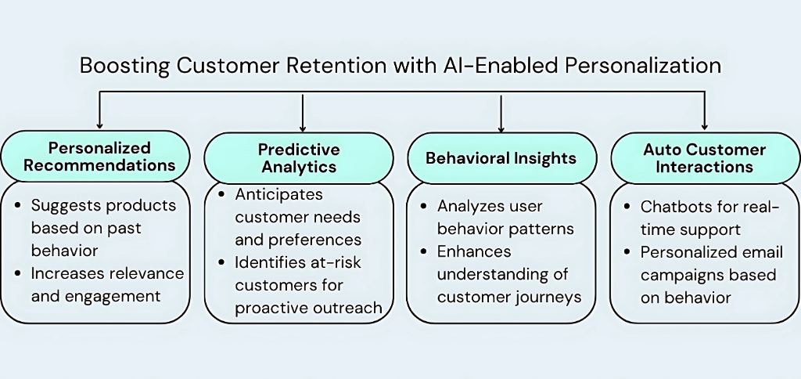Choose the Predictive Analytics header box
tap(300, 157)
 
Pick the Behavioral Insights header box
tap(501, 158)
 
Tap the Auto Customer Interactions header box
tap(704, 157)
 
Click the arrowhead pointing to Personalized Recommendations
tap(99, 124)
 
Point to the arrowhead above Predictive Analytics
tap(302, 125)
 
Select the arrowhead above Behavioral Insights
tap(501, 125)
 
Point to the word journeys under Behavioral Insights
tap(554, 297)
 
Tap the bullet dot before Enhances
tap(423, 251)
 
